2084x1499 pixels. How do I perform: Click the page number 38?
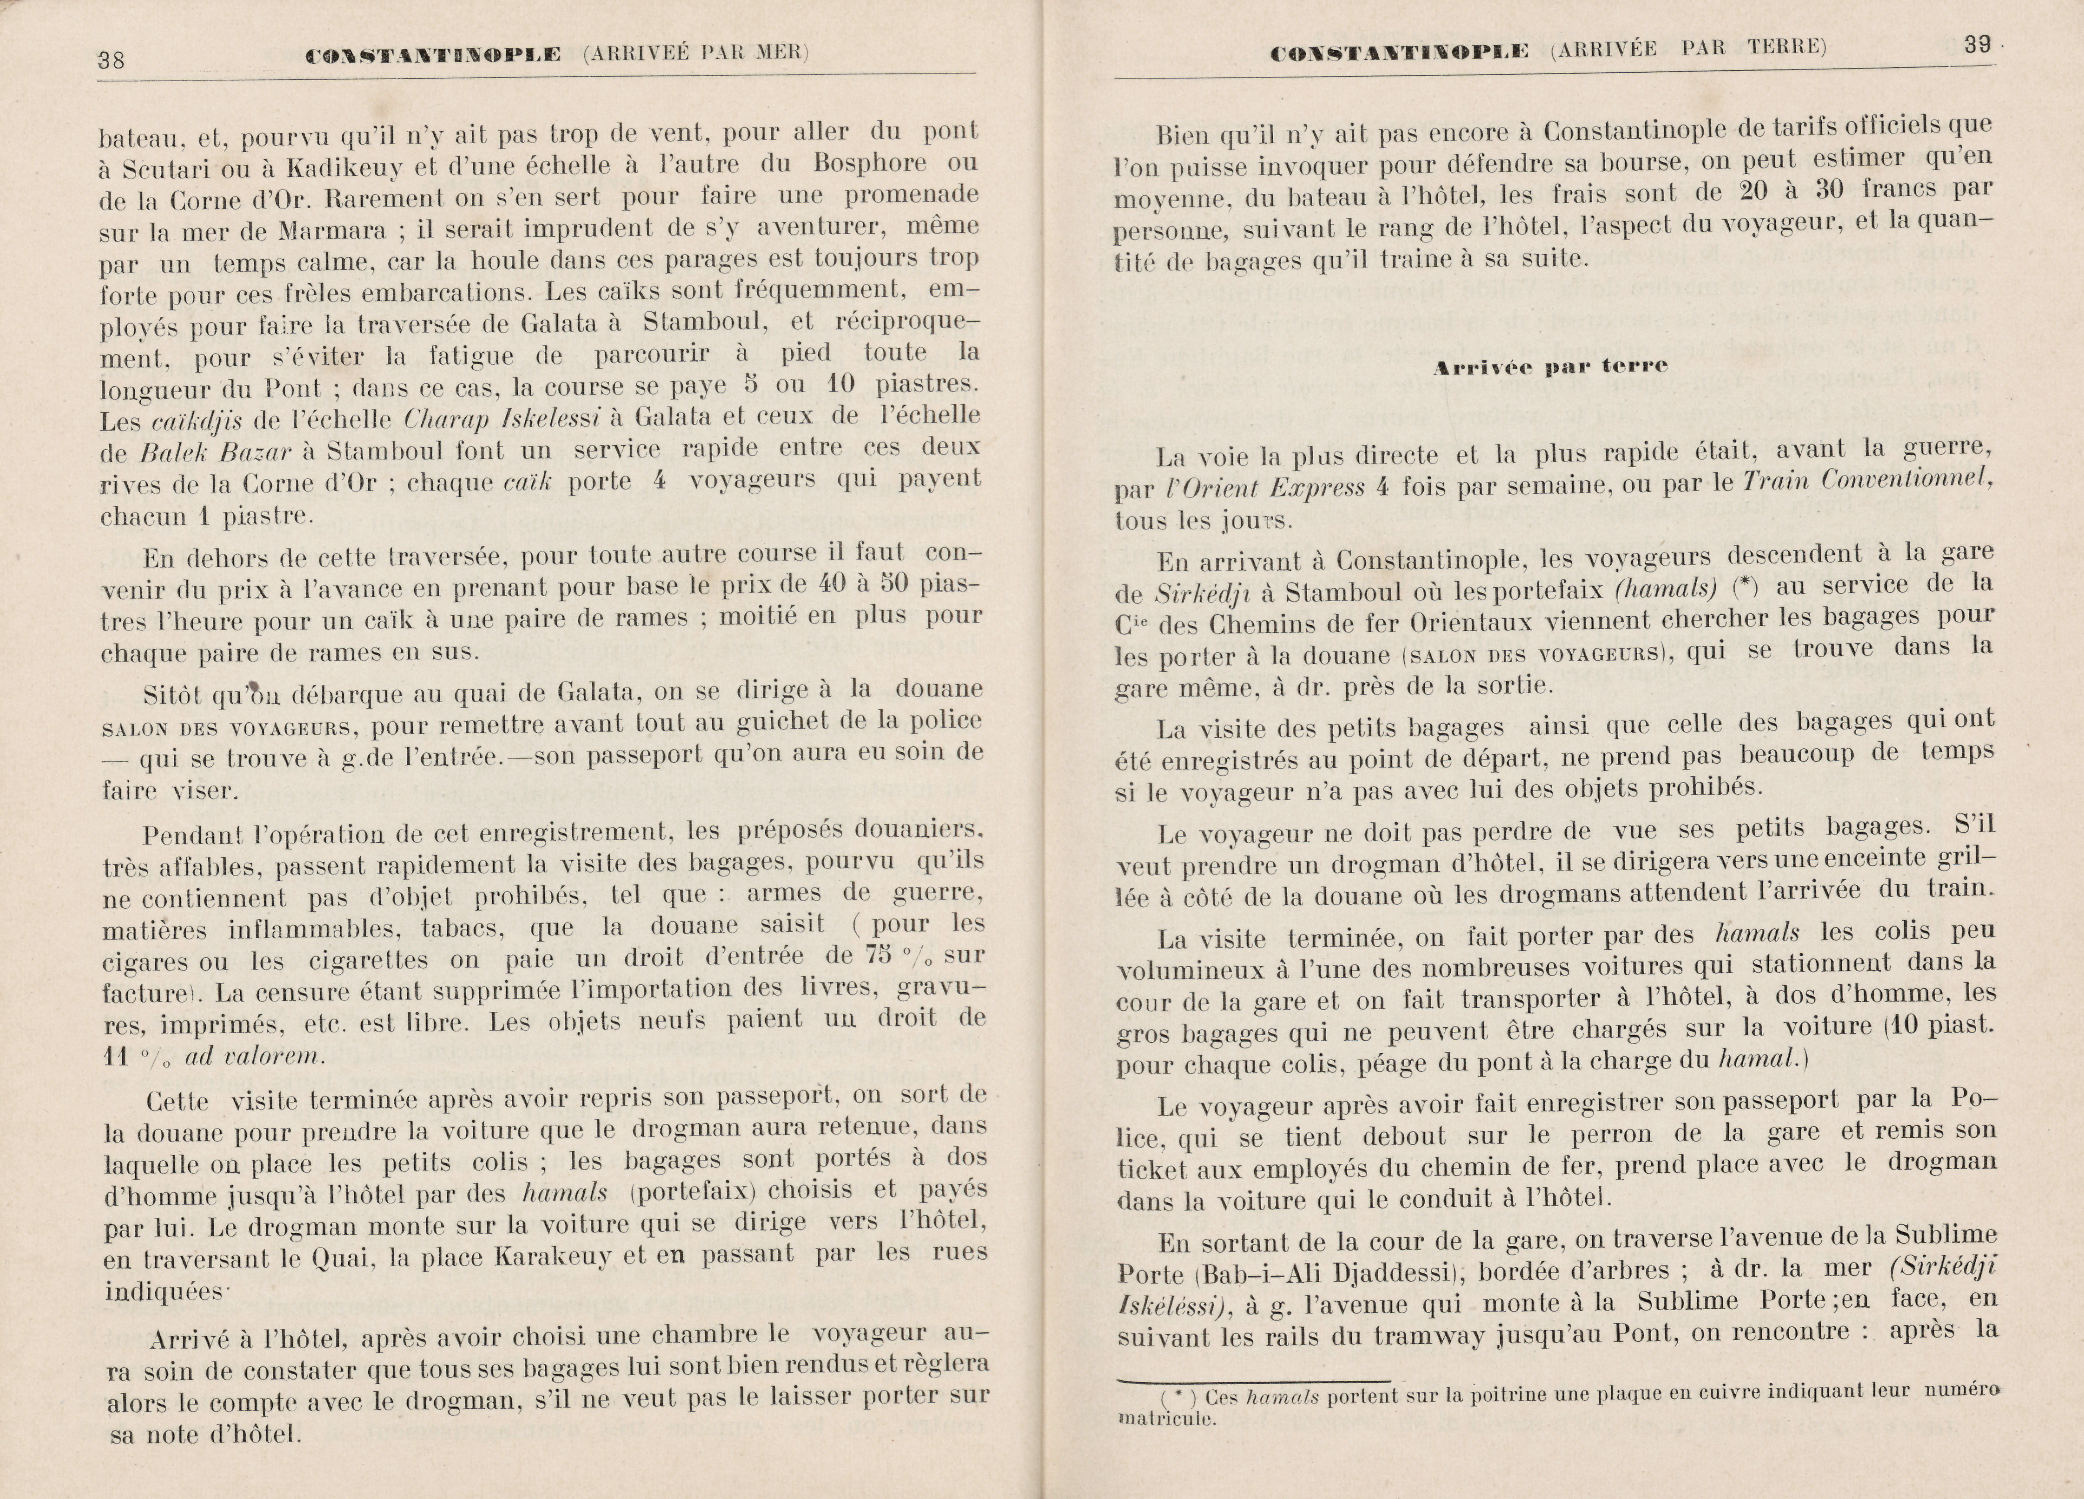click(111, 61)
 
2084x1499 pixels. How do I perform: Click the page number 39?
click(1976, 45)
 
